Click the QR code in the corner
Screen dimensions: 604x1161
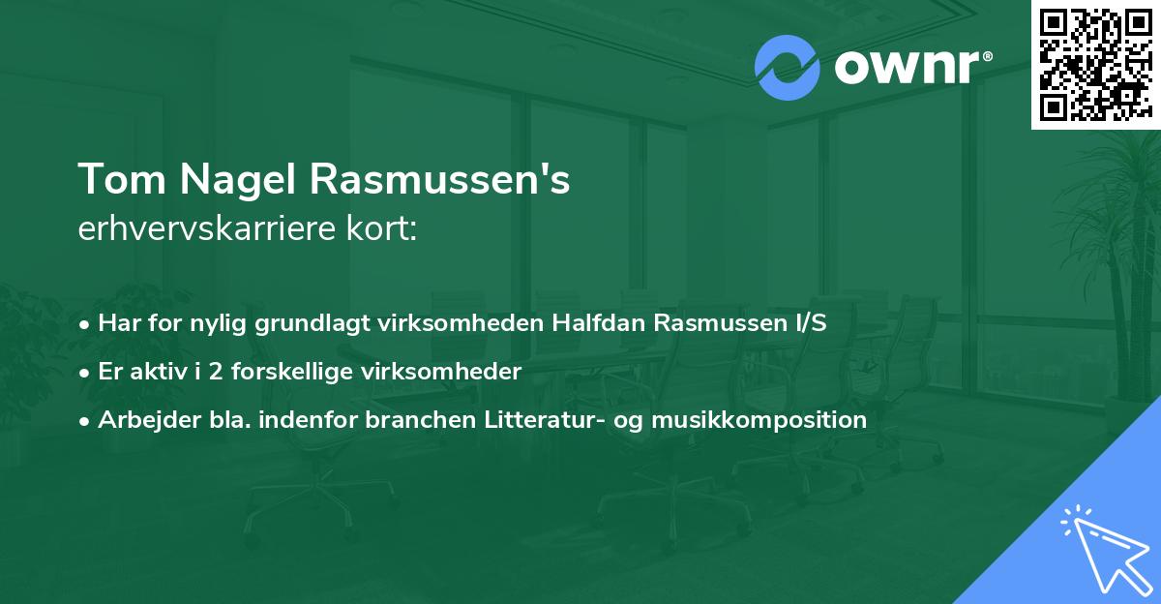click(1094, 64)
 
